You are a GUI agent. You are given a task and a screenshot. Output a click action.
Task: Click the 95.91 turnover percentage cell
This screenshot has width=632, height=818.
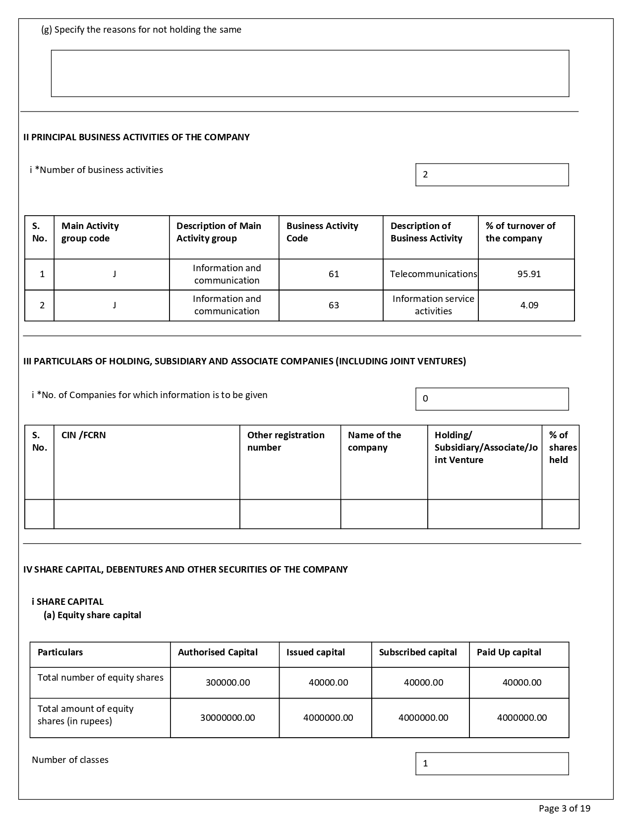click(x=528, y=274)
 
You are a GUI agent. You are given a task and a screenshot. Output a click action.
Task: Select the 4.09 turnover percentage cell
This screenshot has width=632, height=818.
click(x=529, y=305)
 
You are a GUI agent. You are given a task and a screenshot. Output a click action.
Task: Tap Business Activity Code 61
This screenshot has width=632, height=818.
click(x=334, y=274)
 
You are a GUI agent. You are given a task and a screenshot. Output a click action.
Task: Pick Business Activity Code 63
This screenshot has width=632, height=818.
click(x=334, y=305)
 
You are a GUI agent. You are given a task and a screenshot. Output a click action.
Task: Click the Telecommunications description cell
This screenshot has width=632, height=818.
click(x=433, y=274)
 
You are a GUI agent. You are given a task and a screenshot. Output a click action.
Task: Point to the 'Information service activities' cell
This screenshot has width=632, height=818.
click(x=433, y=305)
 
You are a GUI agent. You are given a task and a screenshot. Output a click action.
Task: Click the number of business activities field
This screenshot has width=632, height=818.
click(x=492, y=175)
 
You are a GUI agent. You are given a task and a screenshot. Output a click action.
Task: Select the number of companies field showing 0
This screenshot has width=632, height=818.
click(x=492, y=399)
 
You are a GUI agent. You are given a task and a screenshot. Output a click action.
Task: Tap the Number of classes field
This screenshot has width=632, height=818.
click(x=492, y=763)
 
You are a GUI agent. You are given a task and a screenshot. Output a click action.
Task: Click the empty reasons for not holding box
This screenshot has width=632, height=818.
click(x=310, y=73)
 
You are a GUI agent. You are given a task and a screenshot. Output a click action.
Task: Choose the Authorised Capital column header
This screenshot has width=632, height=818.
click(x=218, y=652)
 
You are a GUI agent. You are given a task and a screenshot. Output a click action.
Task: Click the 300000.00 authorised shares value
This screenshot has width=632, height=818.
click(x=228, y=683)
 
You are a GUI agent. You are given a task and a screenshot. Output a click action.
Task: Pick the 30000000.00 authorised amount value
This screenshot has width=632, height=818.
click(x=228, y=718)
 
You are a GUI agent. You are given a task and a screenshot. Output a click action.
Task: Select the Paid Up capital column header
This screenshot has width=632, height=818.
click(x=509, y=652)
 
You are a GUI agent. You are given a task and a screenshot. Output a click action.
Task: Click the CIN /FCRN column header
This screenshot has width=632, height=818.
click(x=83, y=435)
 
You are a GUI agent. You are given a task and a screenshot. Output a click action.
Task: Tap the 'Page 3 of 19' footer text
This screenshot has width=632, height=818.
click(x=564, y=809)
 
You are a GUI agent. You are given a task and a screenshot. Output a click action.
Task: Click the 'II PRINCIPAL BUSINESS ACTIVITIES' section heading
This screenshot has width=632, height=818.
click(x=136, y=137)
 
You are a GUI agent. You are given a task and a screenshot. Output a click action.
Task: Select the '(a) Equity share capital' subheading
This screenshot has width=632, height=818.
click(x=92, y=615)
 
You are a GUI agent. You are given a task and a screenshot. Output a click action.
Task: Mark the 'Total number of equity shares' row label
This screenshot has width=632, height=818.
click(x=100, y=678)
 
